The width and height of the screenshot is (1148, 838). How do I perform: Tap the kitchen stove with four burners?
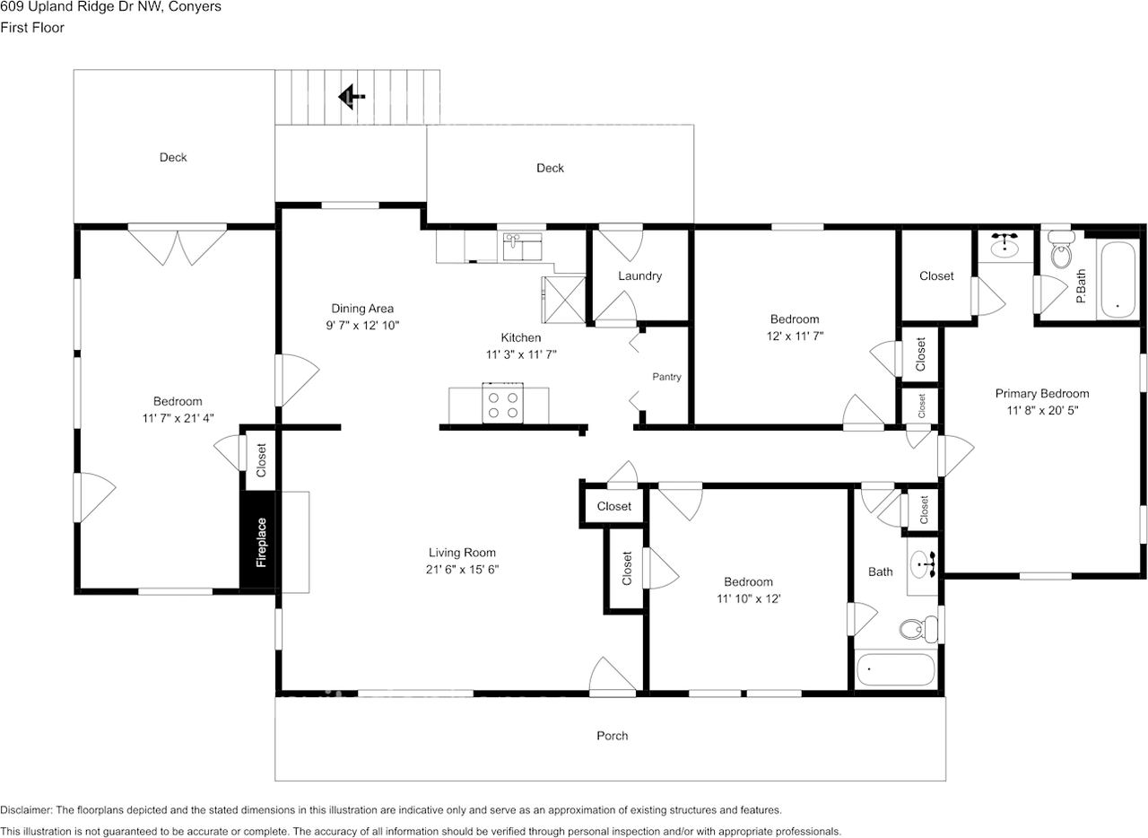coord(502,403)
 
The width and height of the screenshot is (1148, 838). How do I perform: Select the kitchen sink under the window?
coord(522,247)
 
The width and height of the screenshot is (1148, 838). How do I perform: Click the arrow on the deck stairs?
coord(352,96)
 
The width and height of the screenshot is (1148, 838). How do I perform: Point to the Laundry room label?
coord(639,276)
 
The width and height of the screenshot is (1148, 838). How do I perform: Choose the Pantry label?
coord(666,377)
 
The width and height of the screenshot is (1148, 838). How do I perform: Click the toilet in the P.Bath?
coord(1061,249)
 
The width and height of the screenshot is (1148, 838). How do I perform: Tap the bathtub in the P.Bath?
coord(1118,280)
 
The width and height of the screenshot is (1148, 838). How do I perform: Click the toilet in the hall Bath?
coord(919,629)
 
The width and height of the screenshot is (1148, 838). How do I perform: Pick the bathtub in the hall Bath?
coord(896,669)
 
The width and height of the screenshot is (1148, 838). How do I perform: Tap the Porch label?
coord(612,736)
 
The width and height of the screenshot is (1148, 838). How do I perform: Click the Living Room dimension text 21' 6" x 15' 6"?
coord(462,569)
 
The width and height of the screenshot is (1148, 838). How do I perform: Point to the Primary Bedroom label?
coord(1042,394)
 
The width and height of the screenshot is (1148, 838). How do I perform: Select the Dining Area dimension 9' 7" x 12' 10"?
coord(362,325)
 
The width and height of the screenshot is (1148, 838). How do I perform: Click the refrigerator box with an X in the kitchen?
coord(564,300)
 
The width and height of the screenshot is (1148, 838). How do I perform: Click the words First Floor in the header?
coord(32,28)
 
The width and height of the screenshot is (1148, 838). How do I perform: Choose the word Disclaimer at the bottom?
coord(26,810)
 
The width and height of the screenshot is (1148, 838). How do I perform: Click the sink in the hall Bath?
coord(924,564)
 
